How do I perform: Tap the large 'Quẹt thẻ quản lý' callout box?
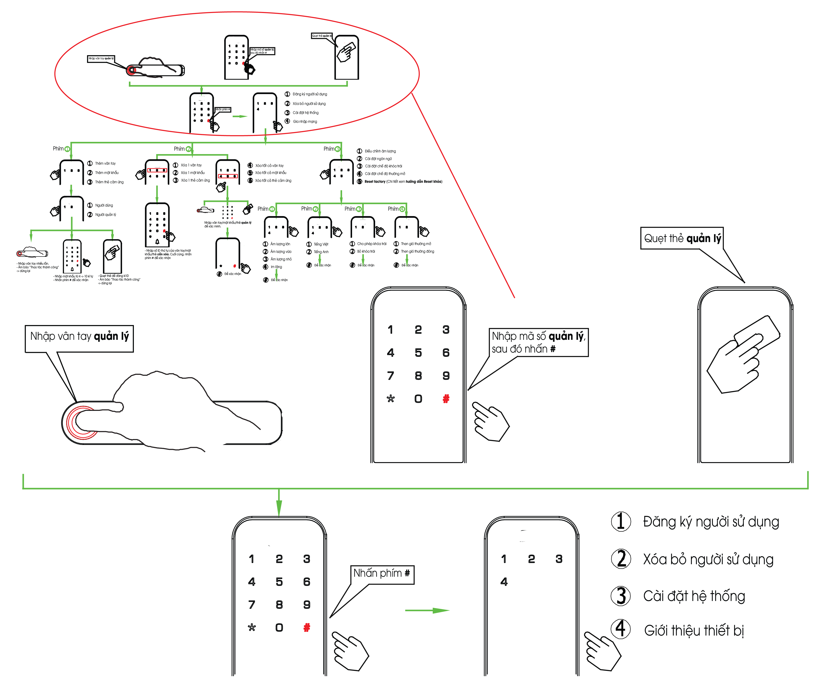[682, 238]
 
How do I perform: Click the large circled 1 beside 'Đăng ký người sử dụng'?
[621, 522]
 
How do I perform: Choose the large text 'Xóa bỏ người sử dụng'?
[708, 559]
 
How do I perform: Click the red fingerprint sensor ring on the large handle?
[81, 422]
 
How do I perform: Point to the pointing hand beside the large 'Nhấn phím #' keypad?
[350, 651]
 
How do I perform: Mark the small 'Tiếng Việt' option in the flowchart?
[321, 244]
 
